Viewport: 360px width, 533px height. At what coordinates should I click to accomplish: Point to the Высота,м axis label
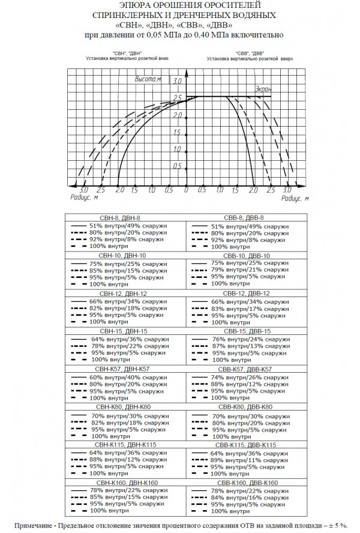point(149,79)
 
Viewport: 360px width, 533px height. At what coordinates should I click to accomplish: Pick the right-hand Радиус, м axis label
point(294,197)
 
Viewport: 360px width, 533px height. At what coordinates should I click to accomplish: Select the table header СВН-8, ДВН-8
point(121,218)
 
